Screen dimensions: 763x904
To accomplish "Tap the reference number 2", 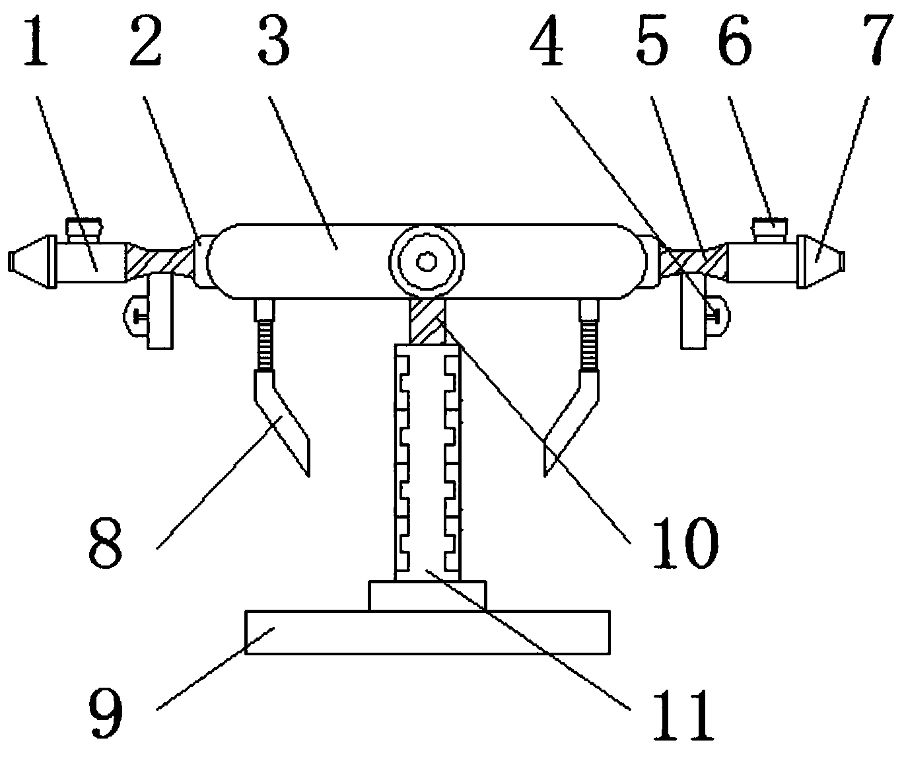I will (145, 41).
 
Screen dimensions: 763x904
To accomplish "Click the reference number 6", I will (734, 41).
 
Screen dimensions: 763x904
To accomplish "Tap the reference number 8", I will (105, 543).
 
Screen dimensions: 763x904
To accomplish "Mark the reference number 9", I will (105, 713).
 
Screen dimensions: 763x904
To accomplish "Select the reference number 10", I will (684, 543).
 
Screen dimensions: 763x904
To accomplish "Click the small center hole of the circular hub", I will (426, 262).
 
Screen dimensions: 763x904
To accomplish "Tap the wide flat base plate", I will (427, 632).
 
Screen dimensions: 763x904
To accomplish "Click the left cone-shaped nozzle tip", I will (30, 262).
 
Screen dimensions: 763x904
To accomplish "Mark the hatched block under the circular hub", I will (427, 320).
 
